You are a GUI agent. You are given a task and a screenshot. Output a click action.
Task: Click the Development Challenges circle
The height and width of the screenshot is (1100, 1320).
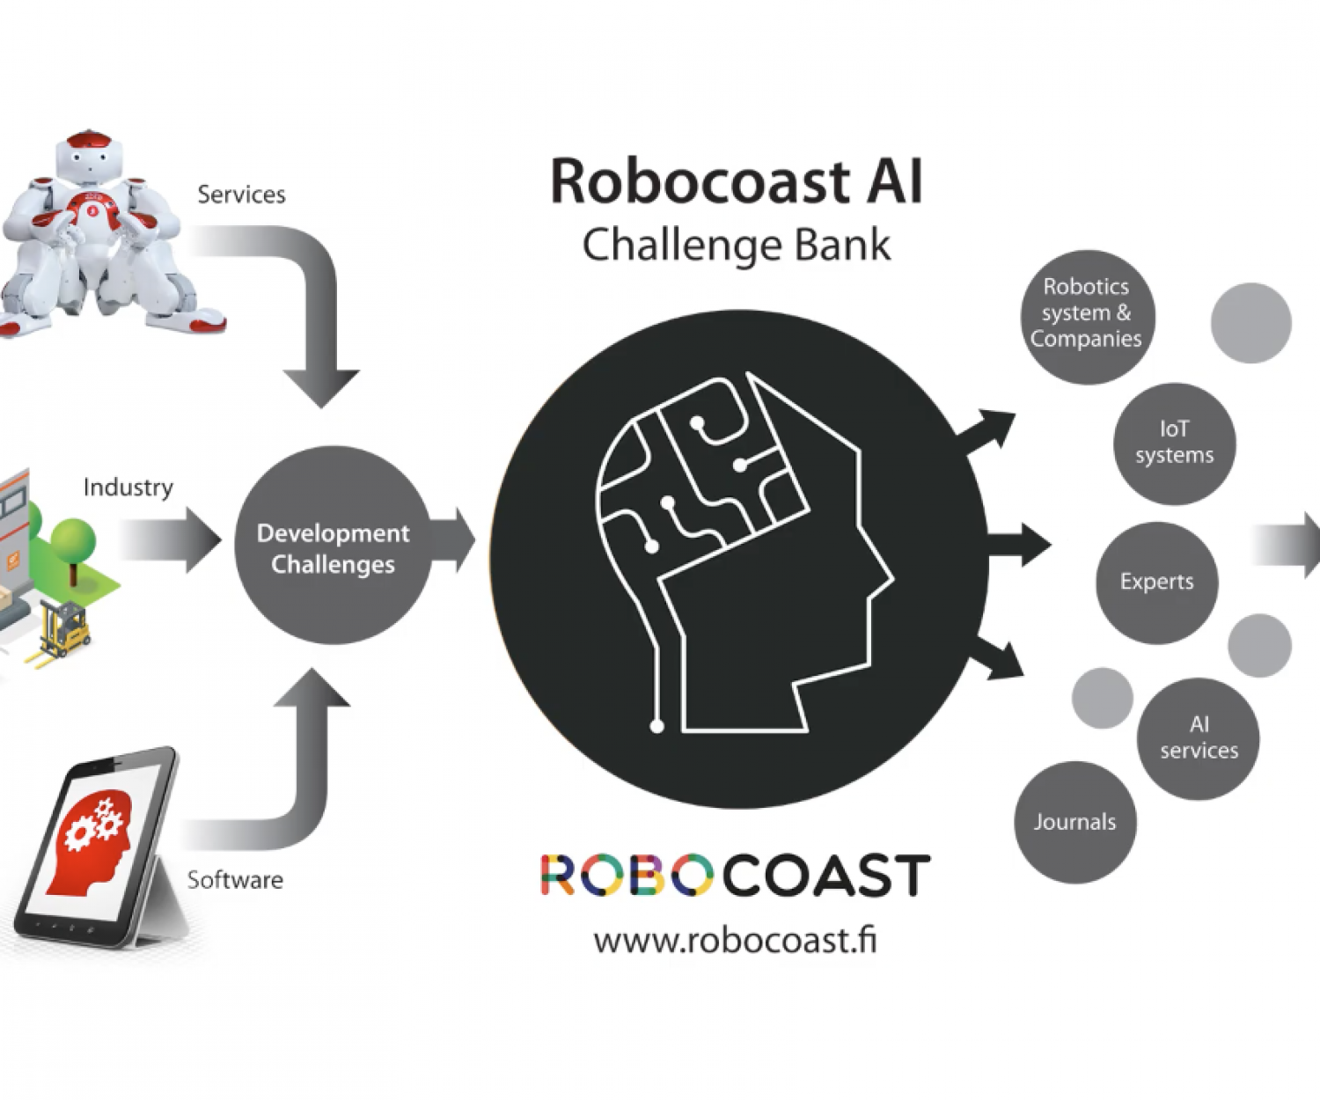(333, 546)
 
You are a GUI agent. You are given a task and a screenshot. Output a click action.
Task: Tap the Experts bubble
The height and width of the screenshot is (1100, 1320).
(1156, 582)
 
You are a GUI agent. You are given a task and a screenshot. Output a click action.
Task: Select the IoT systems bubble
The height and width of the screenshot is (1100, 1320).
(1174, 443)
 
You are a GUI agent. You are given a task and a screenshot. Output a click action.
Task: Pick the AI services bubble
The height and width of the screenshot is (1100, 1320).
(1198, 737)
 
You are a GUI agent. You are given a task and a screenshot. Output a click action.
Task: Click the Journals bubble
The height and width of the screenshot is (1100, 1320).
(1074, 822)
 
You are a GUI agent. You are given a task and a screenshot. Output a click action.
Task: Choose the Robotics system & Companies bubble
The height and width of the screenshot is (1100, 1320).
(1086, 314)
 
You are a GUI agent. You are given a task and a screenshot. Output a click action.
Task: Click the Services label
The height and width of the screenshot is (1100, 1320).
(241, 194)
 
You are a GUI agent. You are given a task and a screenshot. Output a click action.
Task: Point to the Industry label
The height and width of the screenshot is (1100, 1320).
(128, 488)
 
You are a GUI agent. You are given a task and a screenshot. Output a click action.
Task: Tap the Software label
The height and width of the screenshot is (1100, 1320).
(235, 880)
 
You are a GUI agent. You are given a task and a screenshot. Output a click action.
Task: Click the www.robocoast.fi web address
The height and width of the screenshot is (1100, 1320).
(735, 940)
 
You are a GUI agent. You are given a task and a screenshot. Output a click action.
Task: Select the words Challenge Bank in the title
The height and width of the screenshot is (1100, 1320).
(736, 245)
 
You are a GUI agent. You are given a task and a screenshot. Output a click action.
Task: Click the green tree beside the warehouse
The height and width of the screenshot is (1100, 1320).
(73, 541)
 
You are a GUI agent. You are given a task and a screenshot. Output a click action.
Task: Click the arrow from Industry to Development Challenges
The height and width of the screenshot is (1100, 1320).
(172, 539)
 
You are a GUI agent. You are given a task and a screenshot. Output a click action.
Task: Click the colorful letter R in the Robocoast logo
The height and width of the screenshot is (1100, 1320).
(557, 875)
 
